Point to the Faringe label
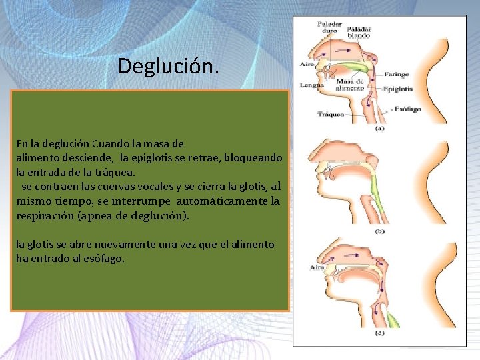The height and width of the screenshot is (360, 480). coord(395,75)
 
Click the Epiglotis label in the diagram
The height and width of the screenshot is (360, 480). coord(398,88)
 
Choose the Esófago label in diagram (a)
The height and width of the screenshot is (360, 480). coord(407,108)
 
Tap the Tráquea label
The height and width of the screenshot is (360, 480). coord(331,114)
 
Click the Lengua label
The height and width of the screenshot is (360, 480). coord(312,85)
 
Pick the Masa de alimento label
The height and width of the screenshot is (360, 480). coord(350,84)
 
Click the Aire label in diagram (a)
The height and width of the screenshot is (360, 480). coord(307,65)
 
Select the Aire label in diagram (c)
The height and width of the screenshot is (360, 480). coord(317,267)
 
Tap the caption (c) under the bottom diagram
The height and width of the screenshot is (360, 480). coord(379,332)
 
